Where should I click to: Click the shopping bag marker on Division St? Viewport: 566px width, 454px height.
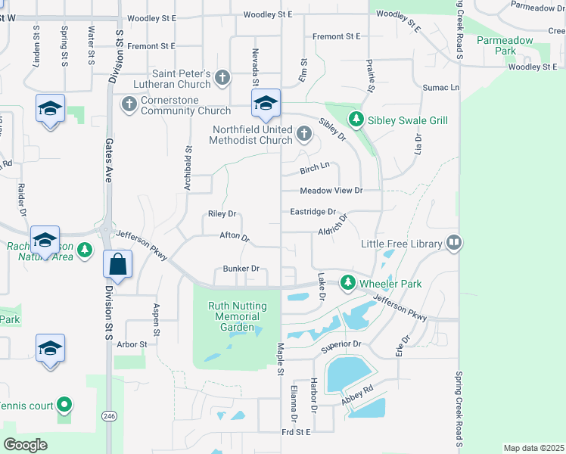pos(118,264)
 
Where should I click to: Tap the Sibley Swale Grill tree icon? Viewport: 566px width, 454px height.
pos(356,120)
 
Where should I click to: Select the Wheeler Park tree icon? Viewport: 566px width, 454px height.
pos(347,283)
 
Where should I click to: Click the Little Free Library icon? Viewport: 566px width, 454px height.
pos(454,243)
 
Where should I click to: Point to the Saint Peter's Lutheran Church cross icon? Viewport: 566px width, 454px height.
pos(222,77)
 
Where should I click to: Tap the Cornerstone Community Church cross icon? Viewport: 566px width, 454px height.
pos(129,102)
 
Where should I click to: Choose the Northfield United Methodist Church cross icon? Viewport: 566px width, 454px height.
pos(303,135)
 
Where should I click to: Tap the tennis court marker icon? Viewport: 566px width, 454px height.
pos(64,406)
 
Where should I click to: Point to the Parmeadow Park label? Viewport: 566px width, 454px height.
pos(496,45)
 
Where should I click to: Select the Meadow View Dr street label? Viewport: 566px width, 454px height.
pos(331,191)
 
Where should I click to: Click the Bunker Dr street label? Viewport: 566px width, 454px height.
pos(241,269)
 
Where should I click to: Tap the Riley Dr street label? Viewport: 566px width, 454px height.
pos(223,214)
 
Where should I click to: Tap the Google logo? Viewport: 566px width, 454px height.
pos(25,444)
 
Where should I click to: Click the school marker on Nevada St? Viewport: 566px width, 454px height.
pos(266,104)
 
